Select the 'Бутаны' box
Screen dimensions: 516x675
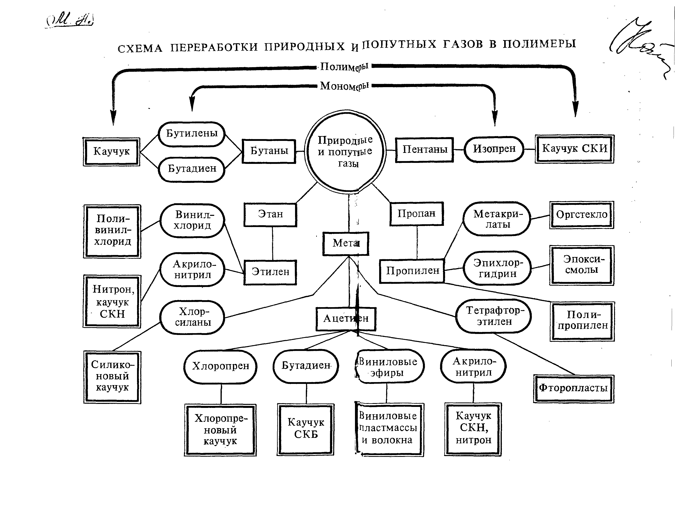coord(269,151)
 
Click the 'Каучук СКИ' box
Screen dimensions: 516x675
coord(574,149)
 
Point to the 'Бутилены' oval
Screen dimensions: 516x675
coord(192,134)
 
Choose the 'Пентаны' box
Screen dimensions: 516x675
coord(424,149)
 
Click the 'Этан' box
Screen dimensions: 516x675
coord(270,214)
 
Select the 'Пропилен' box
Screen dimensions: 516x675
coord(412,271)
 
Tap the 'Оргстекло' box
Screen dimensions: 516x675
coord(581,215)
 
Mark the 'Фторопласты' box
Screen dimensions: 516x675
coord(573,388)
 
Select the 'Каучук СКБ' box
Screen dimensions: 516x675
coord(306,429)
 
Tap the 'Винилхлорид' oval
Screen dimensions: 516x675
coord(192,220)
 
